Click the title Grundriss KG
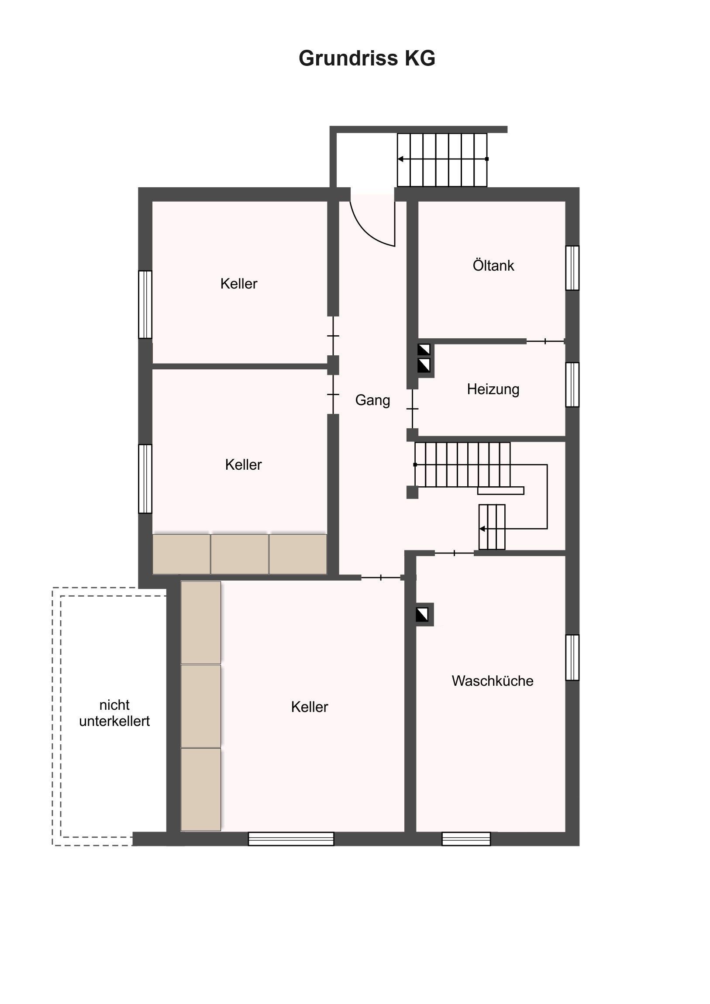coord(367,58)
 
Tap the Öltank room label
coord(493,265)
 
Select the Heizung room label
coord(493,389)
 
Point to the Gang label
coord(372,401)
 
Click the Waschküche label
coord(493,681)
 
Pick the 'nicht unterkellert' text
coord(114,713)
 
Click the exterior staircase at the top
coord(442,160)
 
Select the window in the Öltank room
coord(572,268)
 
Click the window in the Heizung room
coord(572,385)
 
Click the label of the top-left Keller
coord(239,283)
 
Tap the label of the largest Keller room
coord(309,707)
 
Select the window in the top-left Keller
coord(145,304)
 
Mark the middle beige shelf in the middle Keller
coord(240,554)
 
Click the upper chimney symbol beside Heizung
coord(424,350)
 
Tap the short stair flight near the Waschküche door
coord(492,527)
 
